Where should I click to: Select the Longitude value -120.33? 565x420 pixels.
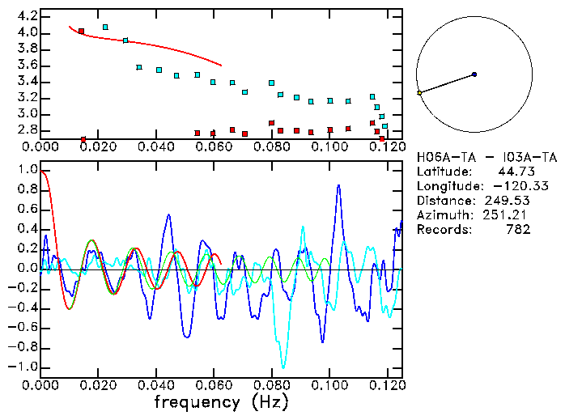click(x=509, y=186)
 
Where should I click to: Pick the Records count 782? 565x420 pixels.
click(x=517, y=230)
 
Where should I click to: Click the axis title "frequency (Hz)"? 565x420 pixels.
click(x=221, y=402)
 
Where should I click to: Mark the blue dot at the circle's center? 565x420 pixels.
click(x=474, y=74)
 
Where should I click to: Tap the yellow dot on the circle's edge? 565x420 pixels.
click(x=419, y=93)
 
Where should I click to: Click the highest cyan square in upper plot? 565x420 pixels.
click(x=105, y=27)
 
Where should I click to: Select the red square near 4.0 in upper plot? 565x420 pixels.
click(x=81, y=32)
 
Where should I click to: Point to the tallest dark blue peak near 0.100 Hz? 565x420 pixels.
click(x=338, y=185)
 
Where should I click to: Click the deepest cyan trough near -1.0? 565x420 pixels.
click(x=282, y=367)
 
